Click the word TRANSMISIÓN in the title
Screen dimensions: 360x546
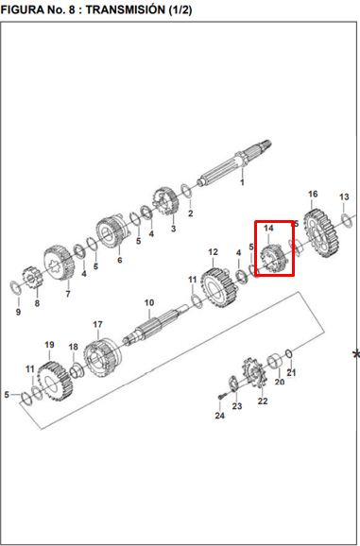[x=126, y=10]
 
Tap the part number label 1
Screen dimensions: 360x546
[x=242, y=182]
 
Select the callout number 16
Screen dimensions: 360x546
[x=313, y=194]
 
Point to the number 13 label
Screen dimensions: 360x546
[x=344, y=196]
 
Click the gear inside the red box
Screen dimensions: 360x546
[x=275, y=259]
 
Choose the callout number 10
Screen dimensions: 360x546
[x=149, y=302]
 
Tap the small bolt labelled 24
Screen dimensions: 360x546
[x=221, y=396]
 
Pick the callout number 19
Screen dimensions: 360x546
[x=49, y=345]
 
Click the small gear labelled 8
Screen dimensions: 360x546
[x=32, y=278]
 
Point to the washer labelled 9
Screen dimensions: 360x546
[x=16, y=286]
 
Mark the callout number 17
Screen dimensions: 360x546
[x=98, y=325]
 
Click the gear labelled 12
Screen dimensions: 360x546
[x=220, y=287]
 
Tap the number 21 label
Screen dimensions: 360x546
[x=291, y=372]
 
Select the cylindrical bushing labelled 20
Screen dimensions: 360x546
[x=275, y=362]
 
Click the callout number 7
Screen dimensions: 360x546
[x=68, y=294]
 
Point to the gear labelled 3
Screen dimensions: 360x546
[x=165, y=201]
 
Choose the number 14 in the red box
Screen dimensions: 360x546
[x=268, y=229]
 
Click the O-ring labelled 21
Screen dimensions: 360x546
[x=288, y=354]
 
